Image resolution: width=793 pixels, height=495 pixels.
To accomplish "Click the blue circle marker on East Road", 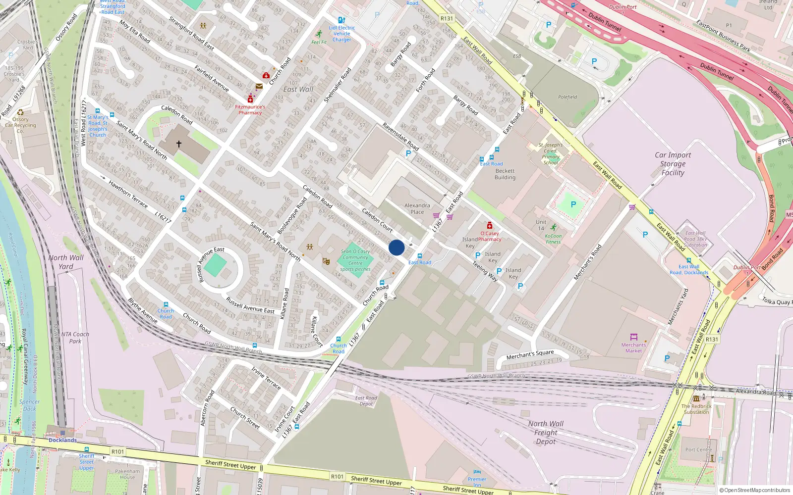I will [x=396, y=247].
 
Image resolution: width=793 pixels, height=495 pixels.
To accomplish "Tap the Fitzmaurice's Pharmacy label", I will [x=250, y=109].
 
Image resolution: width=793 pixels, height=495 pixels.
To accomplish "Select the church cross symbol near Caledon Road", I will [x=179, y=144].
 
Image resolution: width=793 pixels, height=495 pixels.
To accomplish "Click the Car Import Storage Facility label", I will [x=673, y=164].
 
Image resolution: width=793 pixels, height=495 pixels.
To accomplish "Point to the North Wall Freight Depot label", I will [x=546, y=432].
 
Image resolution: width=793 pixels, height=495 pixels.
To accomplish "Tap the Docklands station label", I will [x=62, y=440].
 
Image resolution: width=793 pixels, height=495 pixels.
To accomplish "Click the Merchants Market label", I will [x=633, y=347].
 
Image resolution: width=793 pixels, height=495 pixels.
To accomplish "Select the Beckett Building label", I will [x=505, y=174].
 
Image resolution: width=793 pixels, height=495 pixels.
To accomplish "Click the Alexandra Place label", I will [x=417, y=208].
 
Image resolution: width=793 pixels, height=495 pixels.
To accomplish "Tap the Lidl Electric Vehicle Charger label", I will [x=342, y=34].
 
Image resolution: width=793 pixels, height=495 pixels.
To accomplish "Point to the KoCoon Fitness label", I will [x=553, y=239].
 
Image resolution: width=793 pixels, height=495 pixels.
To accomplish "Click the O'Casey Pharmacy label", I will [x=490, y=236].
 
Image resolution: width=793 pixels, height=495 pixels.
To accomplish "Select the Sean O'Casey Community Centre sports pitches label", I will [x=355, y=260].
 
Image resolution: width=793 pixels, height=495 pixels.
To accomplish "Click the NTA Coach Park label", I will [x=75, y=338].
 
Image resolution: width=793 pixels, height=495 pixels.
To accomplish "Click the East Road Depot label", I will [x=366, y=401].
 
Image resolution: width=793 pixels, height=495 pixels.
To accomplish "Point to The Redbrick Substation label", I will [x=696, y=409].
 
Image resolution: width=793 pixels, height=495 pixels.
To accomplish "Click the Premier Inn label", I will [x=477, y=482].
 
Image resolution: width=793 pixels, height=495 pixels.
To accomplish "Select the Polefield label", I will [x=567, y=97].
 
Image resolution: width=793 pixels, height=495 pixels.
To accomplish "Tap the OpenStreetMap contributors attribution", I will [x=755, y=490].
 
